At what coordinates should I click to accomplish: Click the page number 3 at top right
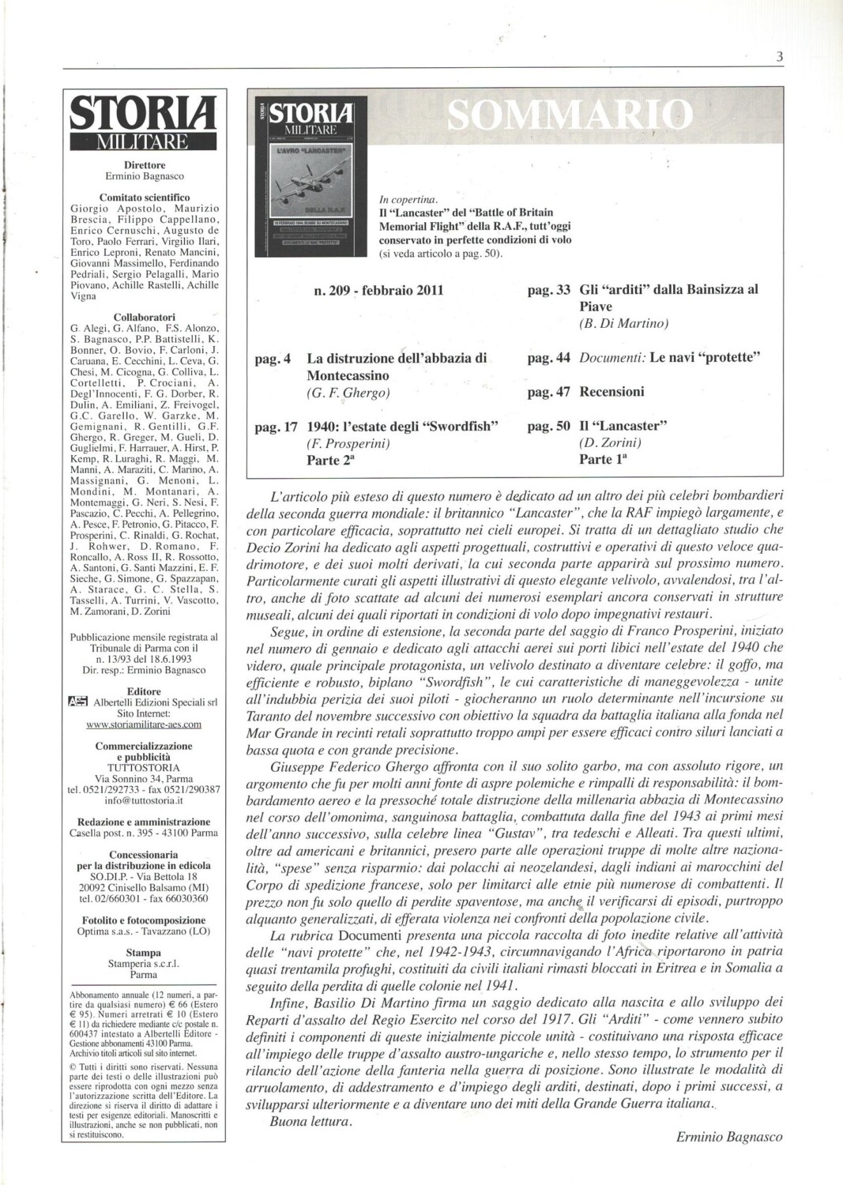[779, 56]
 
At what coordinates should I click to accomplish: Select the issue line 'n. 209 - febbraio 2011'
[378, 290]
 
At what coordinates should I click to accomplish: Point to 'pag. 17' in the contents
[276, 427]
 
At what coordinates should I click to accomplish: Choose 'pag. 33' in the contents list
[548, 290]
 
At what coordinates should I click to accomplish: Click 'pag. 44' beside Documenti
[548, 358]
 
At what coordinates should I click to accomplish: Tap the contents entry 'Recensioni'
[612, 392]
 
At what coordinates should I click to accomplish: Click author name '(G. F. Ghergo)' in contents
[348, 393]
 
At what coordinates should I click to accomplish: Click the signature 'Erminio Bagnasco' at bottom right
[729, 1137]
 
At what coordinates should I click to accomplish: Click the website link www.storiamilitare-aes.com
[144, 723]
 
